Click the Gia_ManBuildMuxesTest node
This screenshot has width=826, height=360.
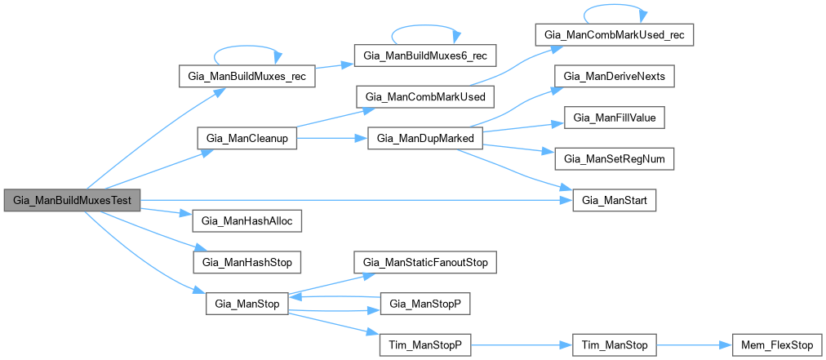[x=72, y=201]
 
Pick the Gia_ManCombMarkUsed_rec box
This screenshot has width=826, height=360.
[x=615, y=35]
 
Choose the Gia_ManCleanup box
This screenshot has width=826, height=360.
[x=246, y=139]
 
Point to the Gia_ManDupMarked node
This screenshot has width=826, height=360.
[x=425, y=139]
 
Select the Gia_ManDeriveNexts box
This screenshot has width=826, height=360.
[x=615, y=77]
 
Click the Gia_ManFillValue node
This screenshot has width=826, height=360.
[x=615, y=118]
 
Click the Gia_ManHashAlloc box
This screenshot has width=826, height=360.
[x=246, y=221]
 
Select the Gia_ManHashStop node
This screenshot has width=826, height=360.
[x=246, y=262]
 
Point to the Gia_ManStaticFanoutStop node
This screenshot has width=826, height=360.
[x=425, y=263]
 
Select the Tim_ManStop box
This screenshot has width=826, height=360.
[x=615, y=345]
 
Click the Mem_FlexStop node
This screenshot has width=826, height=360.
[x=770, y=345]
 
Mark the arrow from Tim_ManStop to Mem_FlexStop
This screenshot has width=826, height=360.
[x=693, y=345]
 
